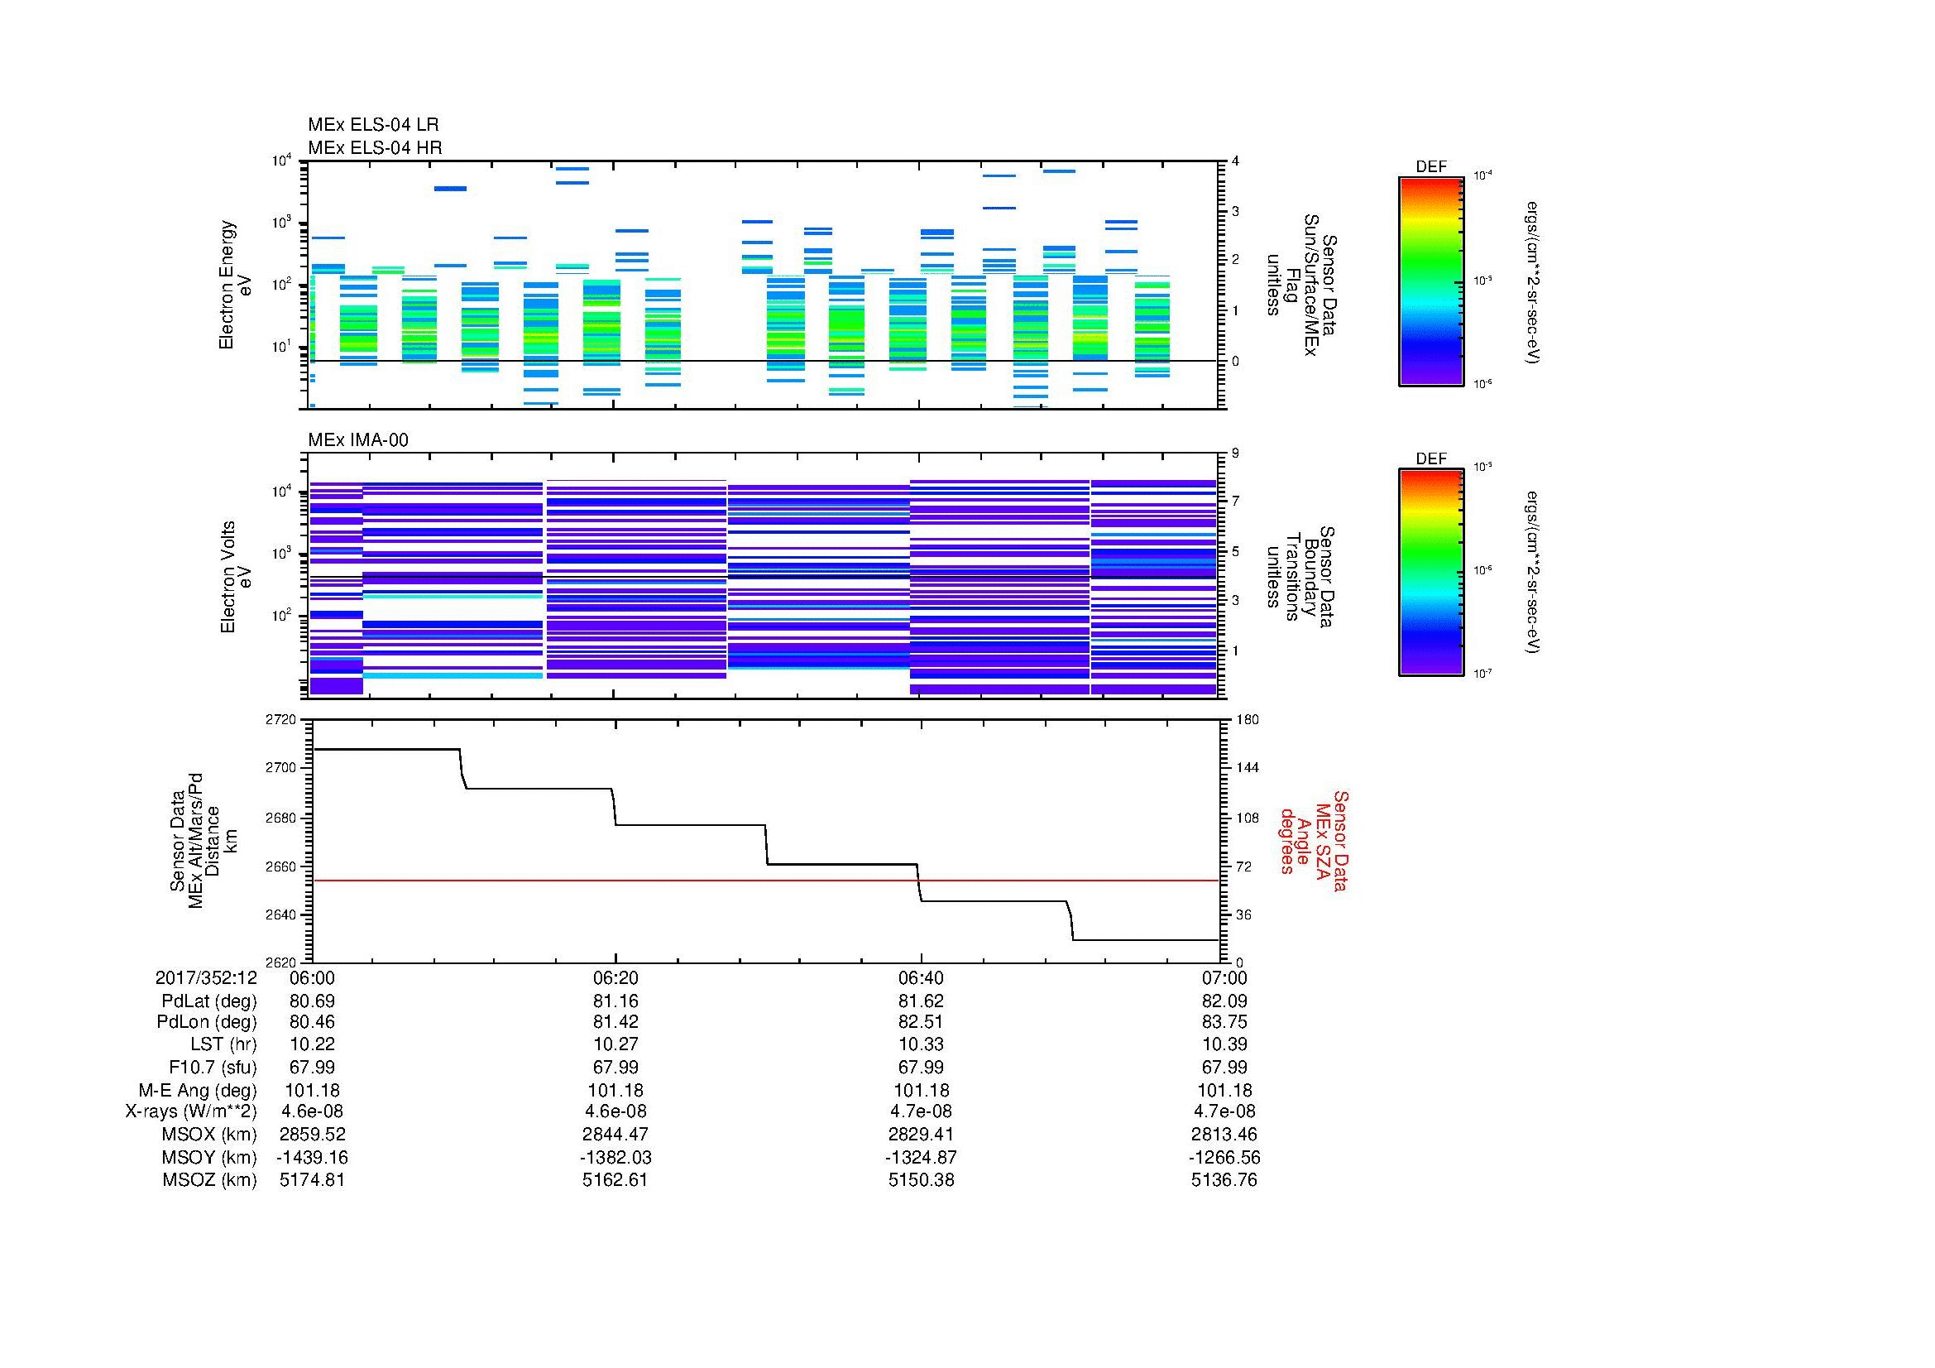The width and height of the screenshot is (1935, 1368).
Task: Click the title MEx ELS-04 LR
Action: [x=372, y=125]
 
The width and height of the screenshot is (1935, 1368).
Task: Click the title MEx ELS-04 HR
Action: [x=374, y=147]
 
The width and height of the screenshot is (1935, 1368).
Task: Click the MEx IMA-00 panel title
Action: [x=357, y=440]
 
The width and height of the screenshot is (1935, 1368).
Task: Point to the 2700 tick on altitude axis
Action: [x=282, y=768]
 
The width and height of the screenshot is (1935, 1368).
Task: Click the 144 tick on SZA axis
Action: [x=1247, y=768]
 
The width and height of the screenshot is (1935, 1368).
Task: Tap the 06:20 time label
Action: [x=615, y=977]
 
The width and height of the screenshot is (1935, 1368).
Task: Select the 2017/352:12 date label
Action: [x=206, y=977]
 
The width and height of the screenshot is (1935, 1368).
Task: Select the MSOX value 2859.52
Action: [x=312, y=1135]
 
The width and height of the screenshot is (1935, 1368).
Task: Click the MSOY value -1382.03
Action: [x=615, y=1157]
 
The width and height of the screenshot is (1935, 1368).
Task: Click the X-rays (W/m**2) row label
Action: [x=190, y=1111]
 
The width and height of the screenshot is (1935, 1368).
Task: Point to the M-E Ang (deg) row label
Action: [x=198, y=1090]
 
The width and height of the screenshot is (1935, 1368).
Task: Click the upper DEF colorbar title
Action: [x=1431, y=167]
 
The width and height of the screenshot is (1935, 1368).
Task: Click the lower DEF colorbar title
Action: [x=1431, y=458]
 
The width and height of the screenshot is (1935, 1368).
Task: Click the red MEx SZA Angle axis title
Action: [x=1313, y=840]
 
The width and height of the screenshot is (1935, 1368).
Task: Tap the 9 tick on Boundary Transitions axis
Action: [x=1235, y=454]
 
